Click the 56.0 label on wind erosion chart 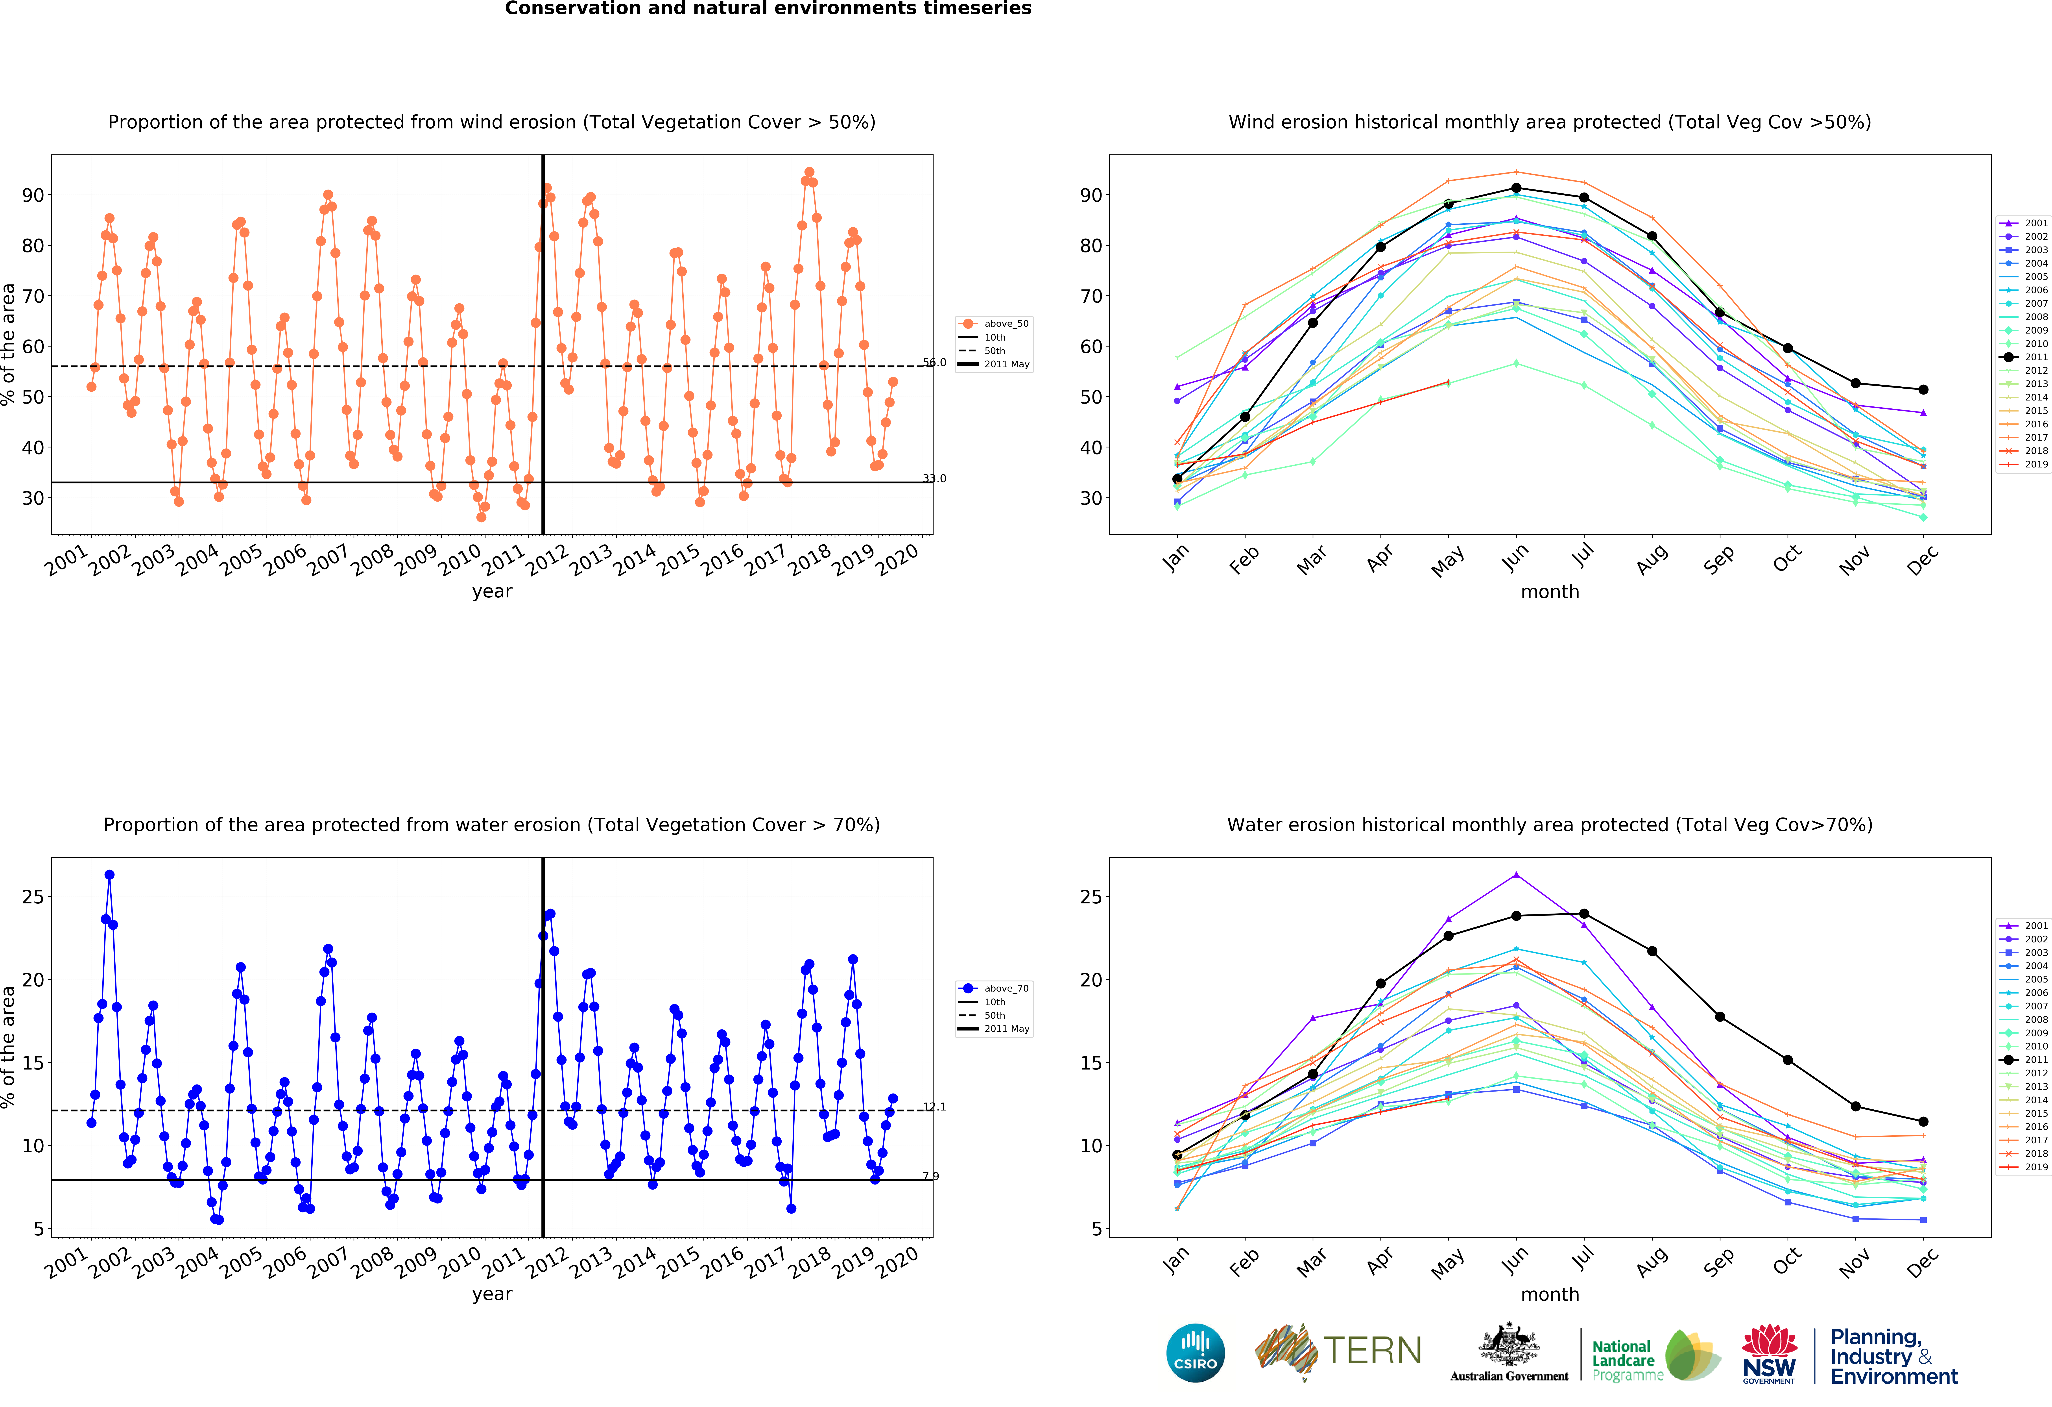tap(934, 362)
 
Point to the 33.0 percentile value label tap(934, 479)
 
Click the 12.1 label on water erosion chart tap(934, 1107)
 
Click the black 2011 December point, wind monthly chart tap(1923, 389)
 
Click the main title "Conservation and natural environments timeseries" tap(767, 9)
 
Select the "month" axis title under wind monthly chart tap(1550, 592)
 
